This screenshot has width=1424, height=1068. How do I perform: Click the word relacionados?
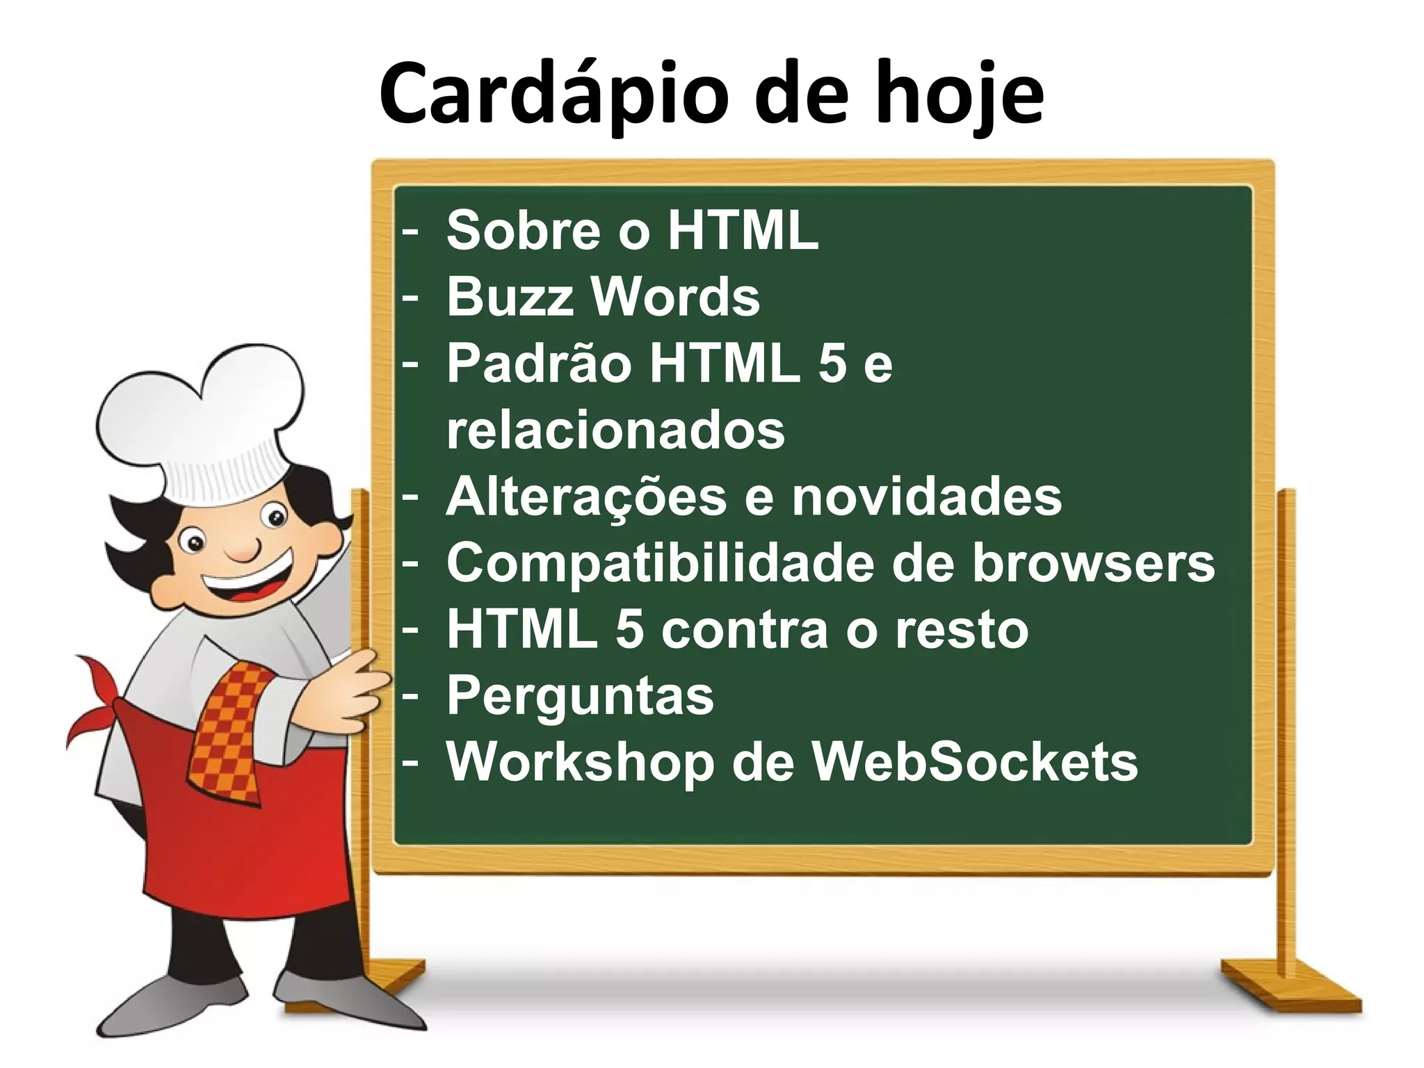(x=615, y=430)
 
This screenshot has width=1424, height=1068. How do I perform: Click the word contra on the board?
(x=744, y=629)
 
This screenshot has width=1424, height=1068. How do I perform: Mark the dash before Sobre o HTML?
(x=410, y=230)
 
